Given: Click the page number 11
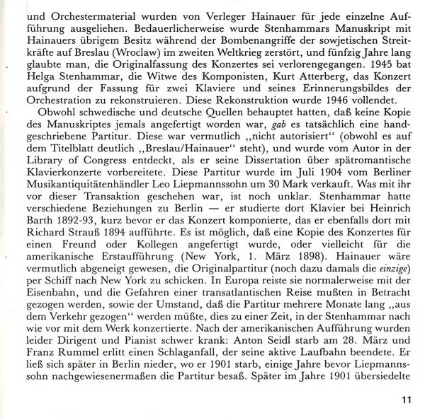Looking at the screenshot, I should click(x=406, y=400).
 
